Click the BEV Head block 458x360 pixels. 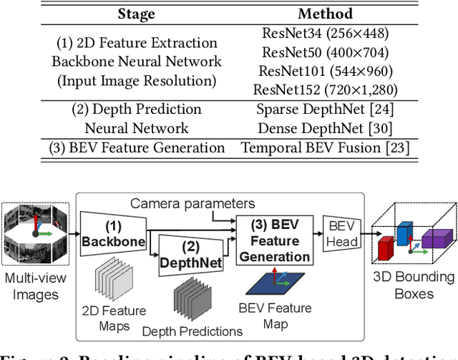tap(342, 234)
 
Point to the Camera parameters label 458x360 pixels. tap(192, 204)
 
